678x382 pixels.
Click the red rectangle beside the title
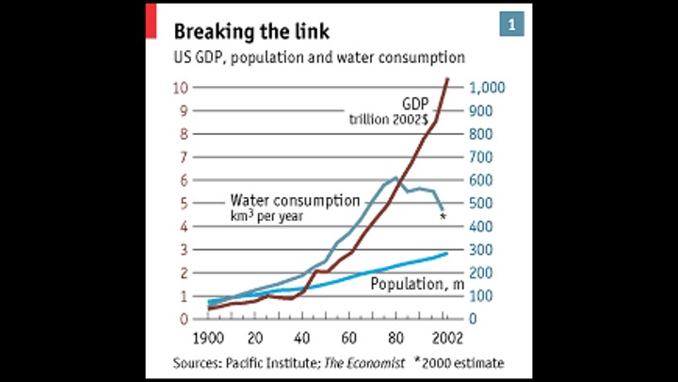151,21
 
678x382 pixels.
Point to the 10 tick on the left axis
182,88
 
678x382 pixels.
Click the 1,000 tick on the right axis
490,88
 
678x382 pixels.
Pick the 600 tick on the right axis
484,180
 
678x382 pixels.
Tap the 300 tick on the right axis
484,249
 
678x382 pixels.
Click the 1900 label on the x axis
211,338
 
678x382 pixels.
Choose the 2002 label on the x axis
446,338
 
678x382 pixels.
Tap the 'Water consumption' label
295,200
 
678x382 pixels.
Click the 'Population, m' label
417,283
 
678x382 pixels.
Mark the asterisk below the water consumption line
443,218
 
